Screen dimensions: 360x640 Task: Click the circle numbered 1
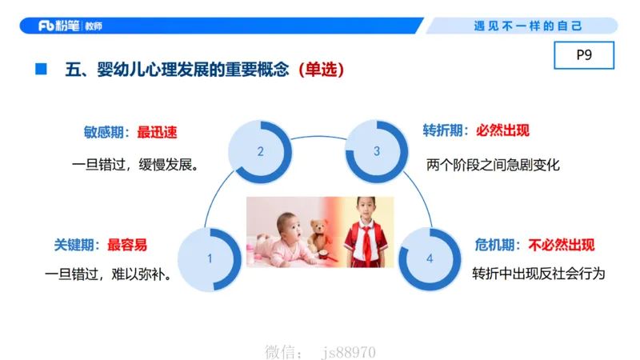coord(210,258)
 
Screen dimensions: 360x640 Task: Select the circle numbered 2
coord(260,150)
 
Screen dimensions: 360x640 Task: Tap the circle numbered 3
coord(377,150)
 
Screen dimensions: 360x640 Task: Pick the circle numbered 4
coord(430,258)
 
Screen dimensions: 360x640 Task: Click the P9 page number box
coord(583,56)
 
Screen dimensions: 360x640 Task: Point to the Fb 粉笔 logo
coord(70,26)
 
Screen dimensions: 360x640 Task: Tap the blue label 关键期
coord(74,244)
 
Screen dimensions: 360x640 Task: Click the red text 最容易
coord(127,244)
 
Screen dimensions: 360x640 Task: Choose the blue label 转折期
coord(442,130)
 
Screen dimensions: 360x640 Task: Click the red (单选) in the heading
coord(320,70)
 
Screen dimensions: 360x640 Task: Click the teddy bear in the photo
coord(319,234)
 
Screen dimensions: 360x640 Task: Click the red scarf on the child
coord(366,240)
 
